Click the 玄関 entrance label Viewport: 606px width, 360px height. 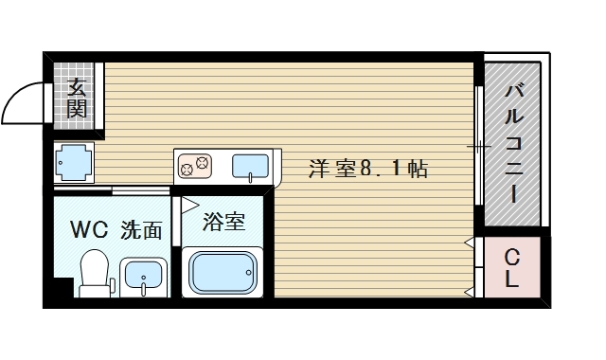78,98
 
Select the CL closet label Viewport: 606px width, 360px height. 511,267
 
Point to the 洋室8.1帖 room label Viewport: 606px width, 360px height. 368,170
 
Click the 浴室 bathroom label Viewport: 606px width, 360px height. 225,223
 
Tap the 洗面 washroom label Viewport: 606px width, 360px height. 141,229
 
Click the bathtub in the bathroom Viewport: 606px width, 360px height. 225,273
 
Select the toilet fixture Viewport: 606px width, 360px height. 93,273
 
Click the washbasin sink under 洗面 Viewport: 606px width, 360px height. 145,277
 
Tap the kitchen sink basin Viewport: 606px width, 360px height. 250,166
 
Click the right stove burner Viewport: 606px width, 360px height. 203,162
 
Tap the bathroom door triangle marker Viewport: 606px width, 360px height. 188,204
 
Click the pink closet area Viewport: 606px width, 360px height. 512,267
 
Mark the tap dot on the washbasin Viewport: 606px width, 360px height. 145,280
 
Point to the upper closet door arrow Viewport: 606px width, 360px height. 471,242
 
